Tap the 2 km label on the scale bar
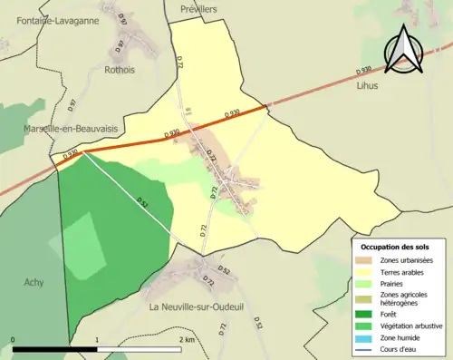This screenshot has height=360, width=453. click(x=187, y=339)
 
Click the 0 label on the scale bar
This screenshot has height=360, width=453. click(x=14, y=339)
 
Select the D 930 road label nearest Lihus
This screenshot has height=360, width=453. click(x=364, y=69)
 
